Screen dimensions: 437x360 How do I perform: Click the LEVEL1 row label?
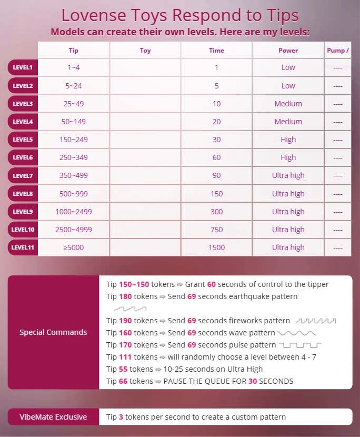point(23,67)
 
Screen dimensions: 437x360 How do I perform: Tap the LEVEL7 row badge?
point(23,175)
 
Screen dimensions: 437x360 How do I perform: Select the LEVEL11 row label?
point(23,247)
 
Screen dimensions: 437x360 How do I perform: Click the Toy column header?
point(145,51)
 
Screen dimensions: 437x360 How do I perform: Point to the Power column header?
point(288,51)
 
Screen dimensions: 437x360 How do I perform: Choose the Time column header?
point(216,51)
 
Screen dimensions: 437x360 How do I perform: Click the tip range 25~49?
point(74,104)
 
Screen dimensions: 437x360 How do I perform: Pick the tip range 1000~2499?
point(74,212)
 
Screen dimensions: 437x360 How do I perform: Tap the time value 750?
point(216,230)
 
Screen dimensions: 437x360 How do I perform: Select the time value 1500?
point(216,247)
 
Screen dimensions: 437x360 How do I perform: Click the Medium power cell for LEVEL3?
point(288,104)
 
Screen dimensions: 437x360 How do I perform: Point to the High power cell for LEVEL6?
point(288,157)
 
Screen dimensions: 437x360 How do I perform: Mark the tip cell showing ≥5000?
point(74,247)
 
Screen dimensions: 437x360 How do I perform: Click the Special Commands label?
point(53,332)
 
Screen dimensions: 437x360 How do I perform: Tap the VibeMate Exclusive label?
point(53,416)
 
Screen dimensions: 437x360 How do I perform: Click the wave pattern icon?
point(297,333)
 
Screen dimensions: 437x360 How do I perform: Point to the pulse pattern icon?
point(300,345)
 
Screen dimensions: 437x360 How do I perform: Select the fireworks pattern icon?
point(316,321)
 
